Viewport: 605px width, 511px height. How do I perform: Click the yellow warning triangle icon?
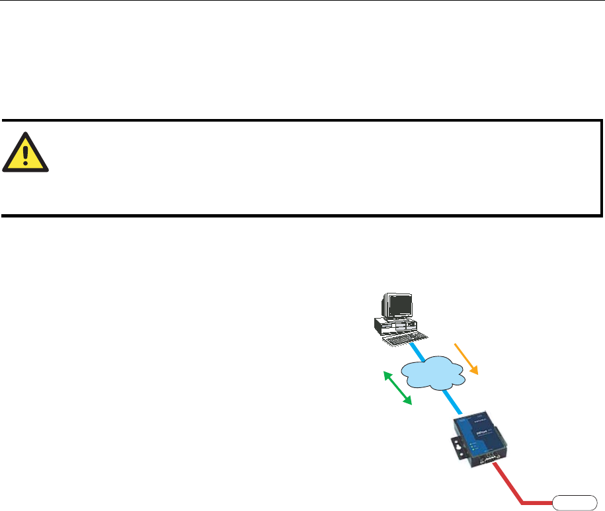[26, 151]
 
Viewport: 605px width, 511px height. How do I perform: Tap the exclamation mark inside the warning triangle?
[26, 154]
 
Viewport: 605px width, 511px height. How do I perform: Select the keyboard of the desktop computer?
[397, 338]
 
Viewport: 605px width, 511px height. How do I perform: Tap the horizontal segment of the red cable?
[539, 501]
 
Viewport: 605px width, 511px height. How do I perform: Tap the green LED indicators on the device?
[474, 450]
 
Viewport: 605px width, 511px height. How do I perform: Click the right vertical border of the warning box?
[601, 168]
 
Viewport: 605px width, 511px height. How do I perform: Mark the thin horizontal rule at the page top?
[302, 1]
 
